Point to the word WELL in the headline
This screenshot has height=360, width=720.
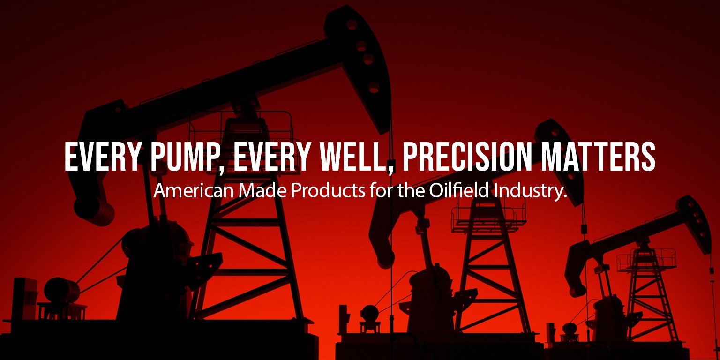click(357, 157)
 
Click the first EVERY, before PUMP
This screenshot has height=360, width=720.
click(103, 157)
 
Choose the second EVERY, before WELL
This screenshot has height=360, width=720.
click(272, 157)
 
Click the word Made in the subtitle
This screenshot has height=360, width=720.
click(262, 191)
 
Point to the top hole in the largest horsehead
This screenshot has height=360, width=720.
click(352, 24)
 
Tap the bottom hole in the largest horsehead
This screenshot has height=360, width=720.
click(374, 88)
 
